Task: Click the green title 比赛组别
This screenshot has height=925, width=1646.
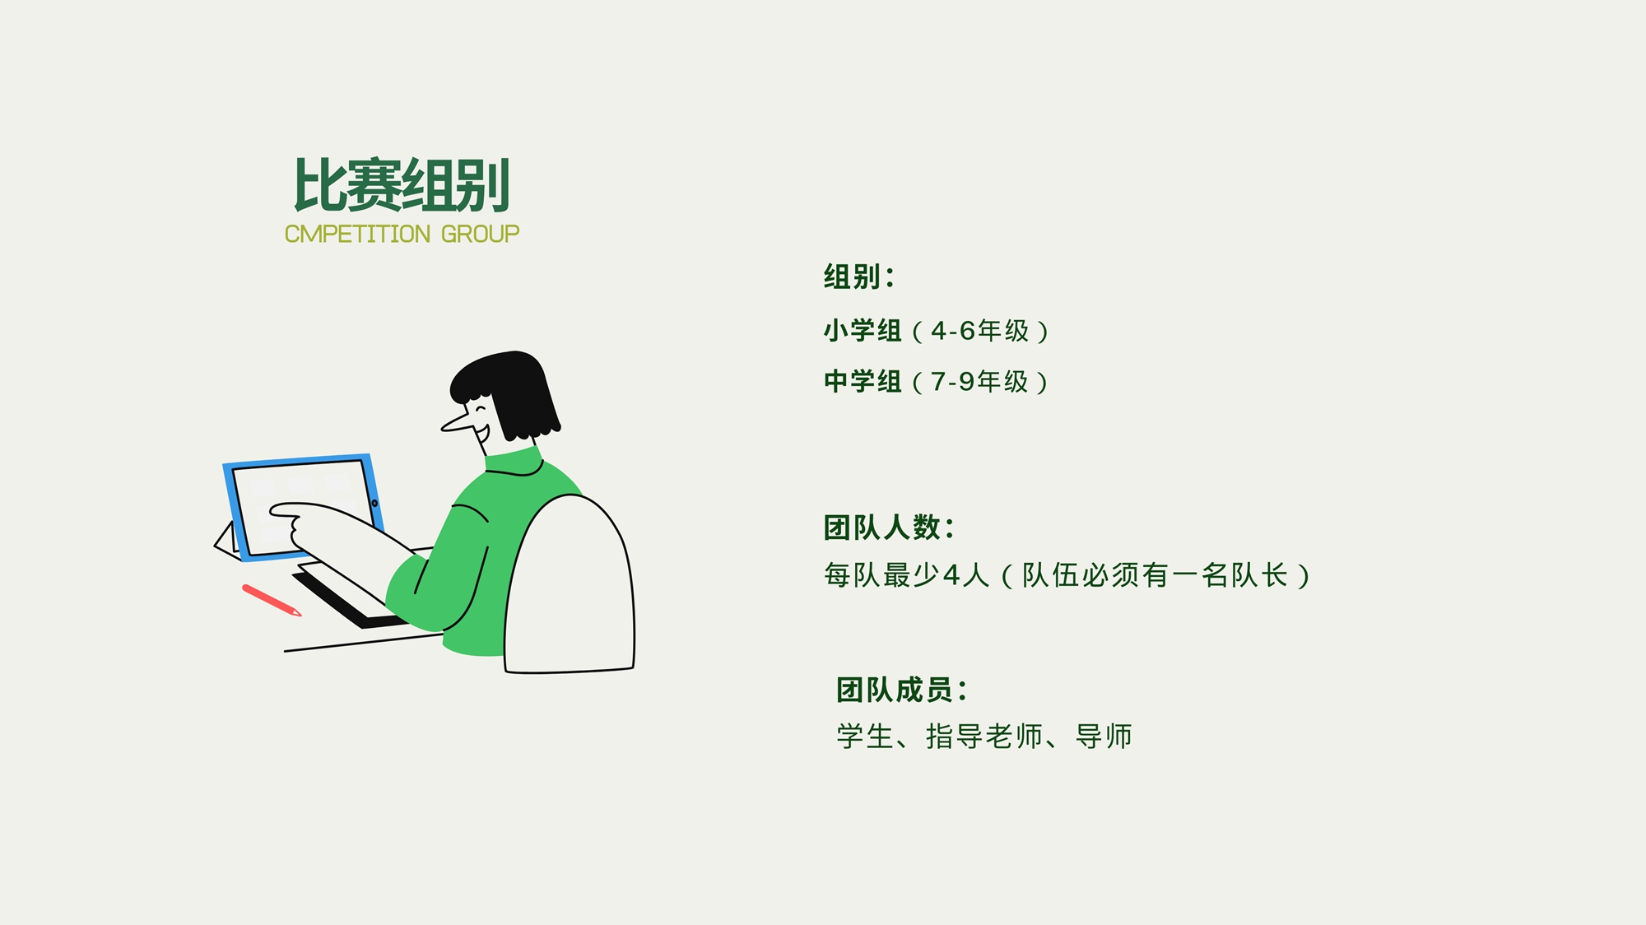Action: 402,185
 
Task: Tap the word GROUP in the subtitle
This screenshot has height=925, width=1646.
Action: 480,235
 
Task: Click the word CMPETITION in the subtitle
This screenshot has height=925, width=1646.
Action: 357,235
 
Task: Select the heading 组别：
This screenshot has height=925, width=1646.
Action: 858,277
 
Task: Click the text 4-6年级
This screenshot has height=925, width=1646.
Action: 979,331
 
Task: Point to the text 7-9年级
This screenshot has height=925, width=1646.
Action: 979,382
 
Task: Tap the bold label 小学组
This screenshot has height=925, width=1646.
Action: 863,331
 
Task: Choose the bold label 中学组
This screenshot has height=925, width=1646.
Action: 863,382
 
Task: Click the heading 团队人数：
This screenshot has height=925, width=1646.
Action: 889,528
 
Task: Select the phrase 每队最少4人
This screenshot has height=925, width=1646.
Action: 906,575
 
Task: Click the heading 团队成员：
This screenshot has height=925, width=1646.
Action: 902,690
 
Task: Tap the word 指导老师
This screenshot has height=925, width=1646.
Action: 984,737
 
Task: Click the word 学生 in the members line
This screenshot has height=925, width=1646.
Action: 865,737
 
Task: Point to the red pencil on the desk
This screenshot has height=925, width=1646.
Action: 272,600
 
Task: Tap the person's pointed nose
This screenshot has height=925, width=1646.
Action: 457,423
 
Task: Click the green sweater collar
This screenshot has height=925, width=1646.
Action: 514,462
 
